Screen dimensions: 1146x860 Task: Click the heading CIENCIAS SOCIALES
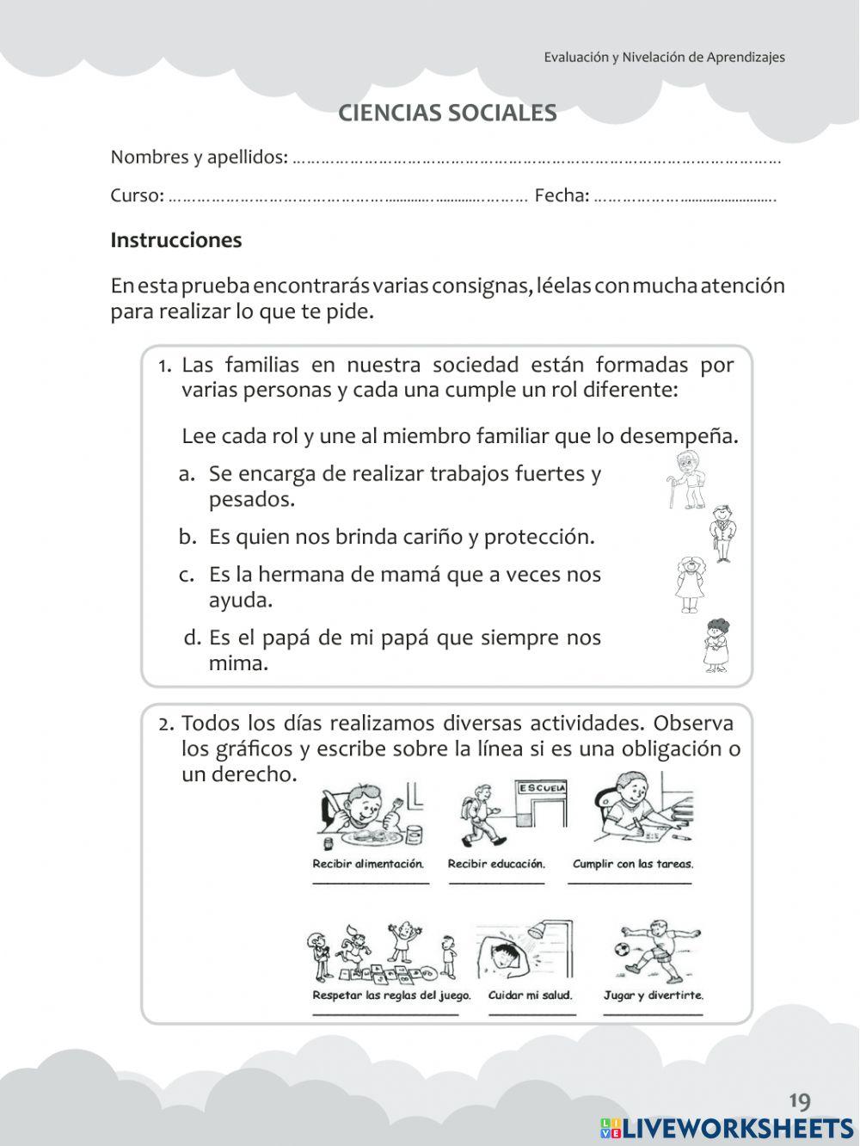pos(447,114)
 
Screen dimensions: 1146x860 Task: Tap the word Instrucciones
pos(175,240)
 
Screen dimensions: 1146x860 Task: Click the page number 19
pos(799,1101)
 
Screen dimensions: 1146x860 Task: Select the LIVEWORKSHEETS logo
pos(727,1128)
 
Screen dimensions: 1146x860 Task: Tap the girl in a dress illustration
pos(689,584)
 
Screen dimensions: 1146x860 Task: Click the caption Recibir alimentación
pos(368,863)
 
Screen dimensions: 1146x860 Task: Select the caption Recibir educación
pos(496,863)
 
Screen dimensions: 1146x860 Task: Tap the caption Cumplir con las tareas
pos(632,863)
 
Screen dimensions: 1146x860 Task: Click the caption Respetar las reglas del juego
pos(391,995)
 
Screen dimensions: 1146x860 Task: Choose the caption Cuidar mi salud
pos(530,995)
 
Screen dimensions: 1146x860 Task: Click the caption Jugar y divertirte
pos(653,995)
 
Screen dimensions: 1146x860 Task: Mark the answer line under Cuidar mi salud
pos(532,1014)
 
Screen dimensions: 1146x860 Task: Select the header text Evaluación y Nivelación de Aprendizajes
pos(664,58)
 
